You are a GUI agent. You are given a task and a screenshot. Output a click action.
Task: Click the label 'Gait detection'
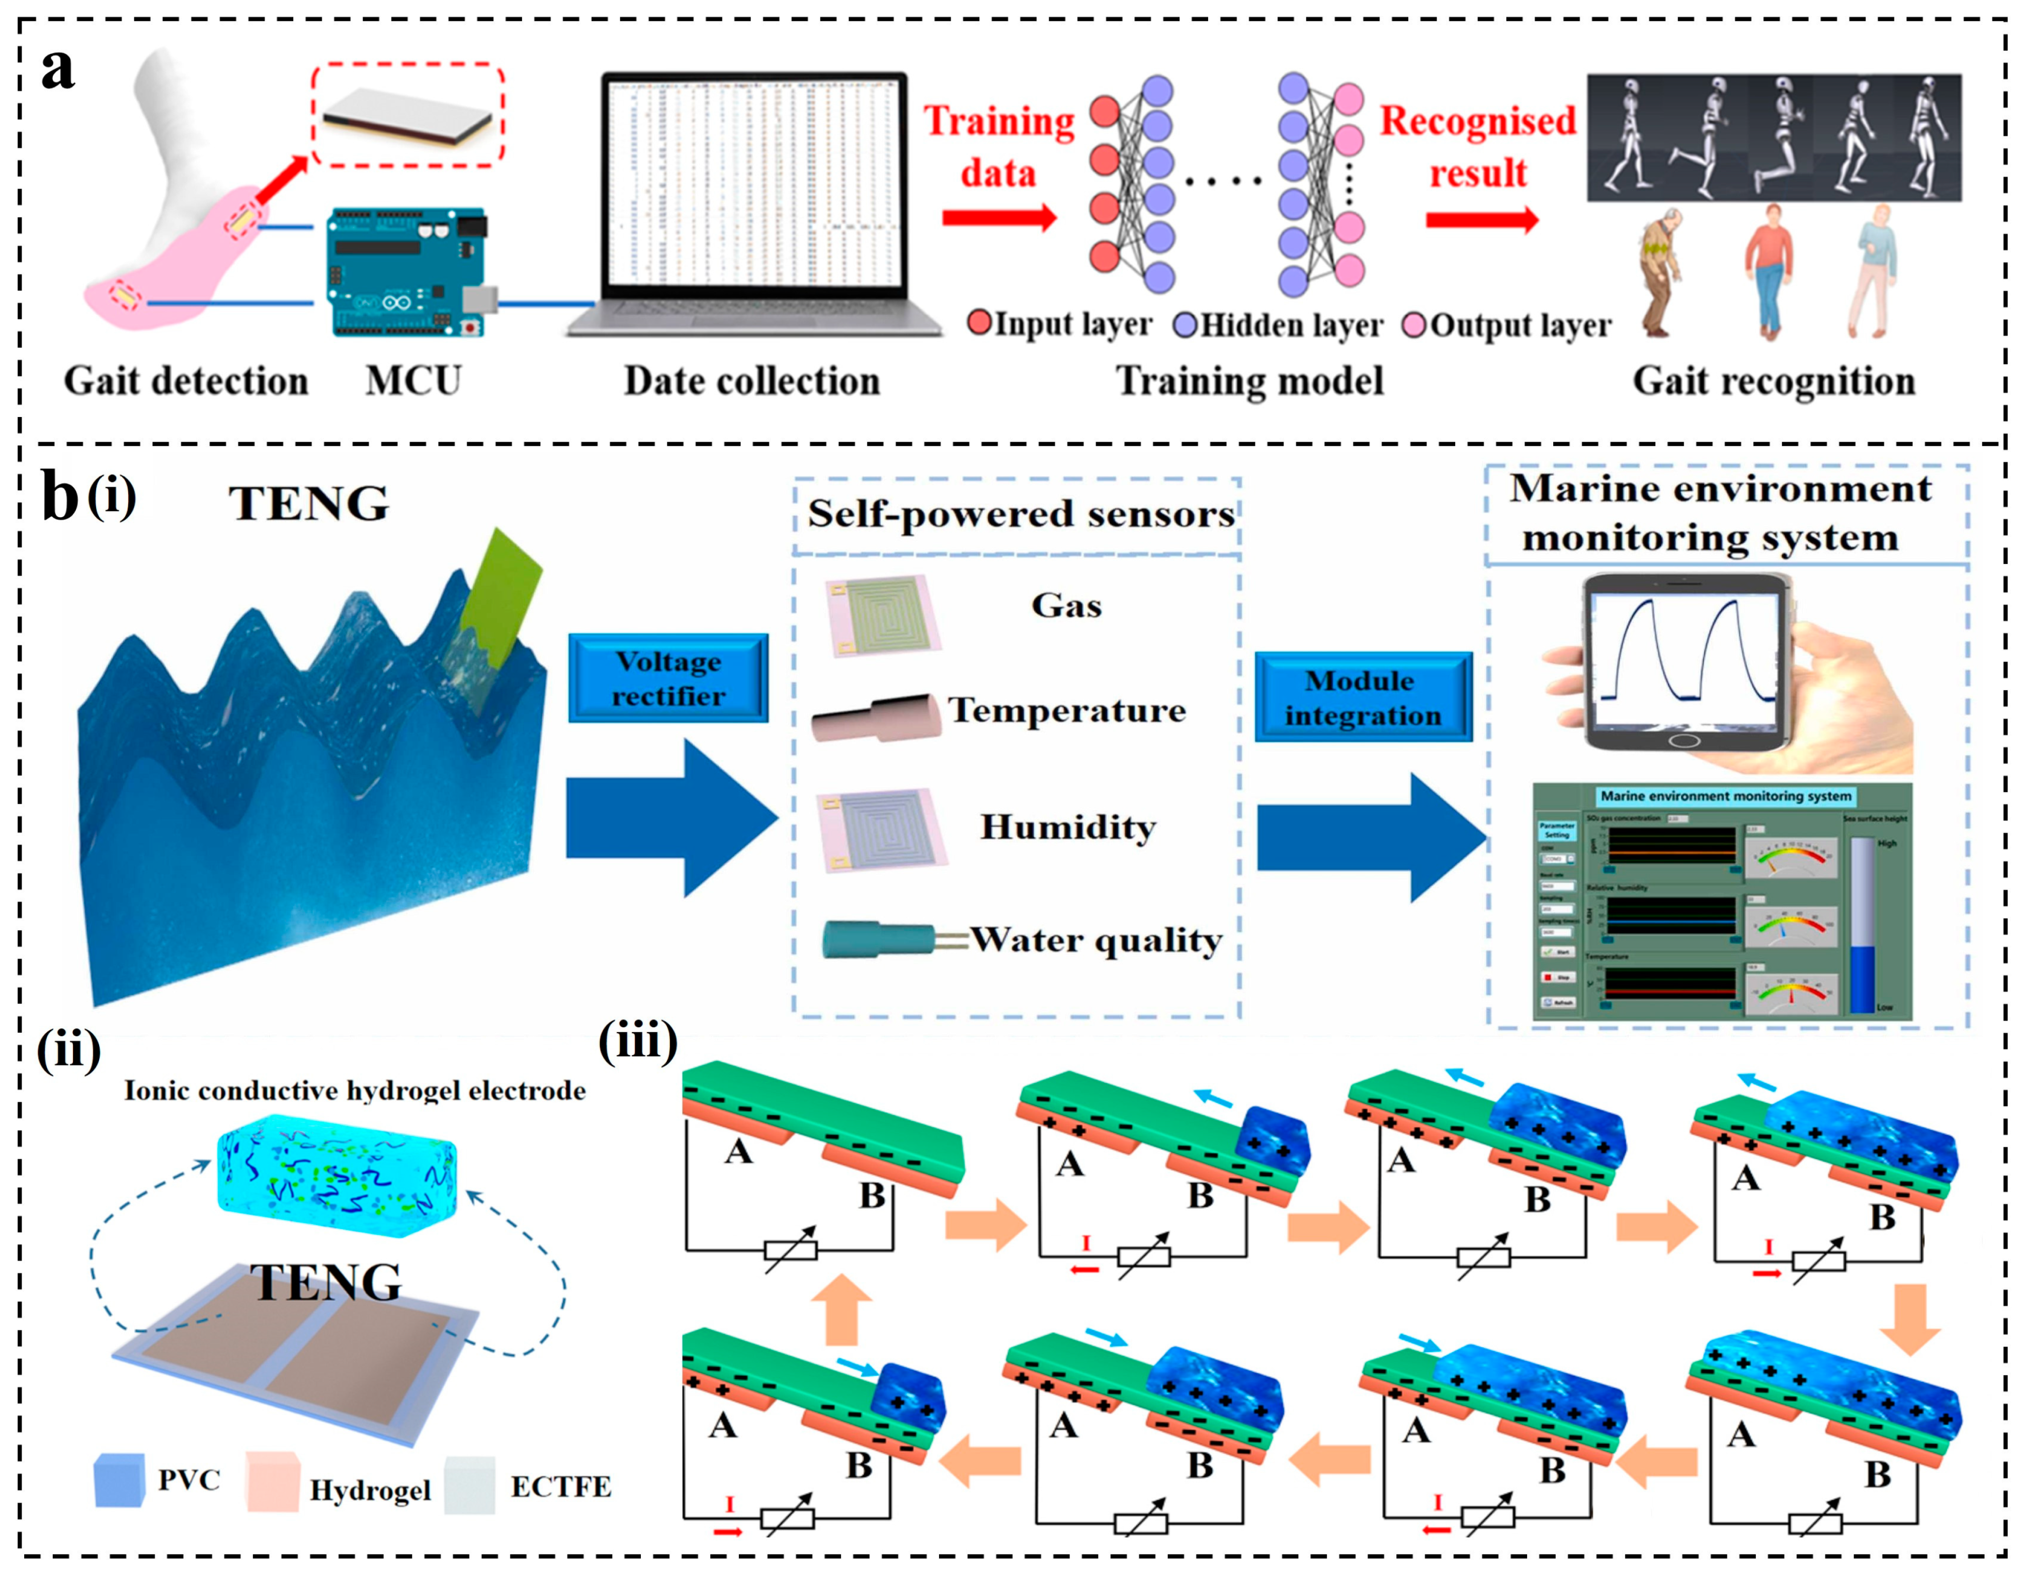pos(185,381)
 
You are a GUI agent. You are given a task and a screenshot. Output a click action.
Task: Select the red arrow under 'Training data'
pos(998,218)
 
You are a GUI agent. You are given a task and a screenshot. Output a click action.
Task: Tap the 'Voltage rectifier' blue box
pos(668,678)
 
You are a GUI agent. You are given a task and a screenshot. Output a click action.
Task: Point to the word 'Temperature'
pos(1066,710)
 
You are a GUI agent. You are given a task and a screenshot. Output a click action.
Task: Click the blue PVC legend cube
pos(119,1479)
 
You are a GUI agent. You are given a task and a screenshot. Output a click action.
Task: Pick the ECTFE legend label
pos(560,1486)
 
